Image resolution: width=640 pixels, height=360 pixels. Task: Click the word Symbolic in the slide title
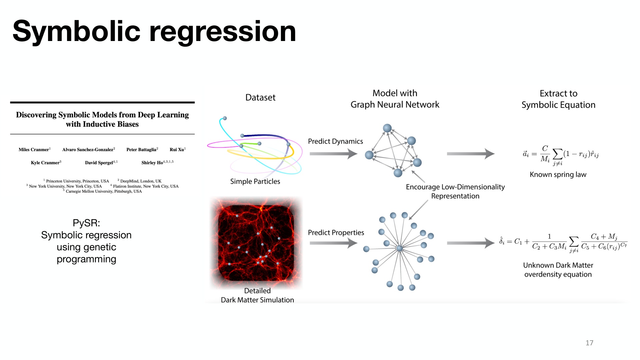[x=77, y=32]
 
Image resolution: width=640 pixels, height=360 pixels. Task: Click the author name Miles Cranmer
[x=34, y=150]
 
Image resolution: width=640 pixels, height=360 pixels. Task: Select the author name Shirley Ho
[x=152, y=163]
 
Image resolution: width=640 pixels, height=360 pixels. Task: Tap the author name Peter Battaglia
[x=141, y=150]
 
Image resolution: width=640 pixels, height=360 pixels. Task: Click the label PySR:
[x=86, y=223]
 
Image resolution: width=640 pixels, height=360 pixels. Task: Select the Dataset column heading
[x=260, y=97]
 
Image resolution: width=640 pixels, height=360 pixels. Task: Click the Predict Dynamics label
[x=335, y=141]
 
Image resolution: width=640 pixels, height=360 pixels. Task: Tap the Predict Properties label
[x=336, y=233]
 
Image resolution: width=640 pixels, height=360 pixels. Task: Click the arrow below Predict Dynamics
[x=333, y=154]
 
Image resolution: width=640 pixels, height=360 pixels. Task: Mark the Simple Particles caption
[x=255, y=181]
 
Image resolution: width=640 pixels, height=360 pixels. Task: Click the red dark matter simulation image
[x=256, y=243]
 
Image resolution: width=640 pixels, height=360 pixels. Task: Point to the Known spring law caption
[x=558, y=175]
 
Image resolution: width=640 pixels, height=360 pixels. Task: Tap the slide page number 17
[x=589, y=343]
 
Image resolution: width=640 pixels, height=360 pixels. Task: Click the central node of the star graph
[x=400, y=248]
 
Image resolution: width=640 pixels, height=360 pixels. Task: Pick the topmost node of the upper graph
[x=387, y=128]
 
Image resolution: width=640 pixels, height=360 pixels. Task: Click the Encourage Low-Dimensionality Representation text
[x=455, y=191]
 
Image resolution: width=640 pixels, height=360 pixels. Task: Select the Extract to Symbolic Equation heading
[x=558, y=99]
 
